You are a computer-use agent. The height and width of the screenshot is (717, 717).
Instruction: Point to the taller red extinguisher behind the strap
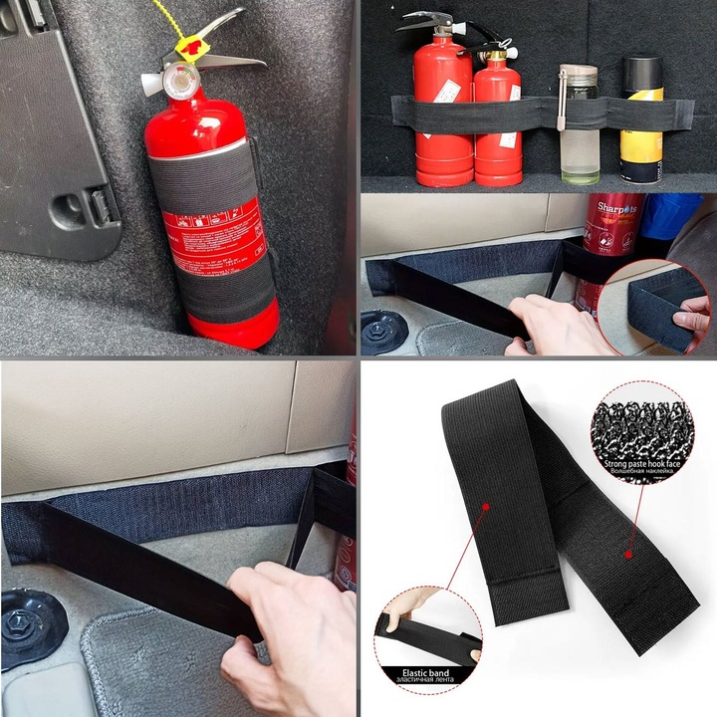442,100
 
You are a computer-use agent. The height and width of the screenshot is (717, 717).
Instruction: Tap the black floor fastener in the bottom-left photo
29,628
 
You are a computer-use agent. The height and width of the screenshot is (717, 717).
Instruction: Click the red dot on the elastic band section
485,505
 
